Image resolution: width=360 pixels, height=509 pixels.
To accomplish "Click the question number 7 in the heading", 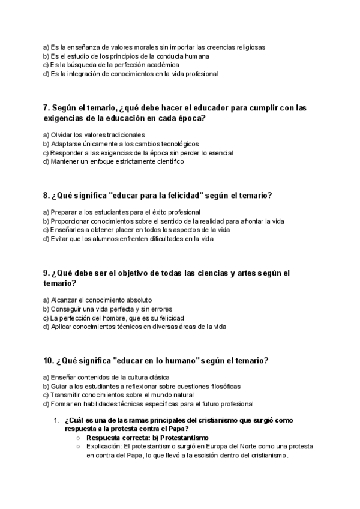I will [46, 108].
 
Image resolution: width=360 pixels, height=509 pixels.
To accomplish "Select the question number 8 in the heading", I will [46, 196].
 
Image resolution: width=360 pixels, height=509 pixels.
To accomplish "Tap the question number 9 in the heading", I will [46, 273].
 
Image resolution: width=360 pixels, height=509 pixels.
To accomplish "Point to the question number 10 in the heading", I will [49, 361].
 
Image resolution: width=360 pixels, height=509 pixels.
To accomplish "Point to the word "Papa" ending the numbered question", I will [178, 429].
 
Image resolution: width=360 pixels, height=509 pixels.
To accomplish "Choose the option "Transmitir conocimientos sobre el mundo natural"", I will [118, 395].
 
